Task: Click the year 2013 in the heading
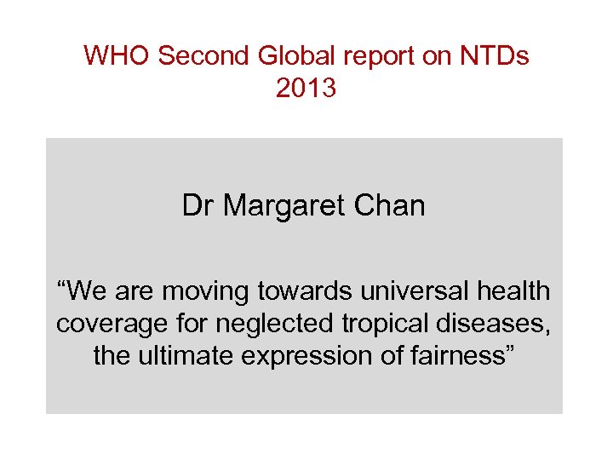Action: click(x=306, y=87)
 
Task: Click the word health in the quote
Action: click(x=515, y=291)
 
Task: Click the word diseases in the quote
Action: click(x=496, y=324)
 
